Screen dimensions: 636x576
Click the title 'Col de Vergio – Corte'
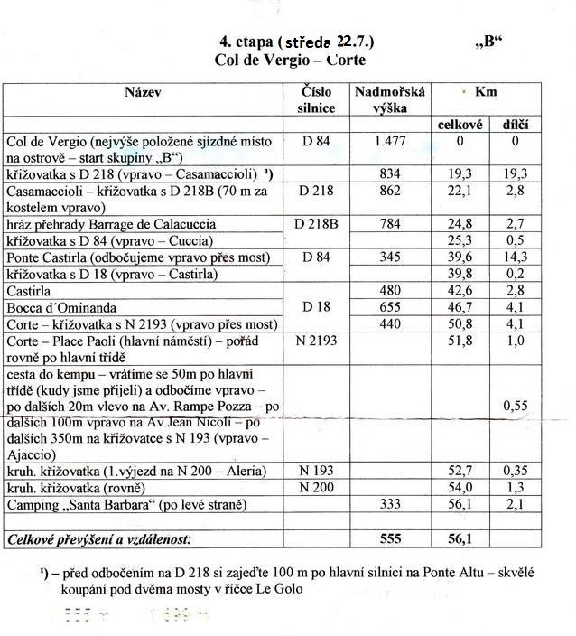pyautogui.click(x=290, y=60)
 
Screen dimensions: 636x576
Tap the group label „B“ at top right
pyautogui.click(x=488, y=42)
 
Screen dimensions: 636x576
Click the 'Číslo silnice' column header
pyautogui.click(x=316, y=99)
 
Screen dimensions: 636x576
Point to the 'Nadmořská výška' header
pyautogui.click(x=390, y=99)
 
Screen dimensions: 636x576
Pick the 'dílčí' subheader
pyautogui.click(x=515, y=125)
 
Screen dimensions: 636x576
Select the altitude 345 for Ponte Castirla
pyautogui.click(x=390, y=257)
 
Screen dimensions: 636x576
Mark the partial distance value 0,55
pyautogui.click(x=515, y=407)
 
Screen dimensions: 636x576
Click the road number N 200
pyautogui.click(x=316, y=487)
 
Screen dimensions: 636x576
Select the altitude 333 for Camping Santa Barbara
pyautogui.click(x=390, y=504)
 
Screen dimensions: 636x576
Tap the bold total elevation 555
pyautogui.click(x=390, y=538)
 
